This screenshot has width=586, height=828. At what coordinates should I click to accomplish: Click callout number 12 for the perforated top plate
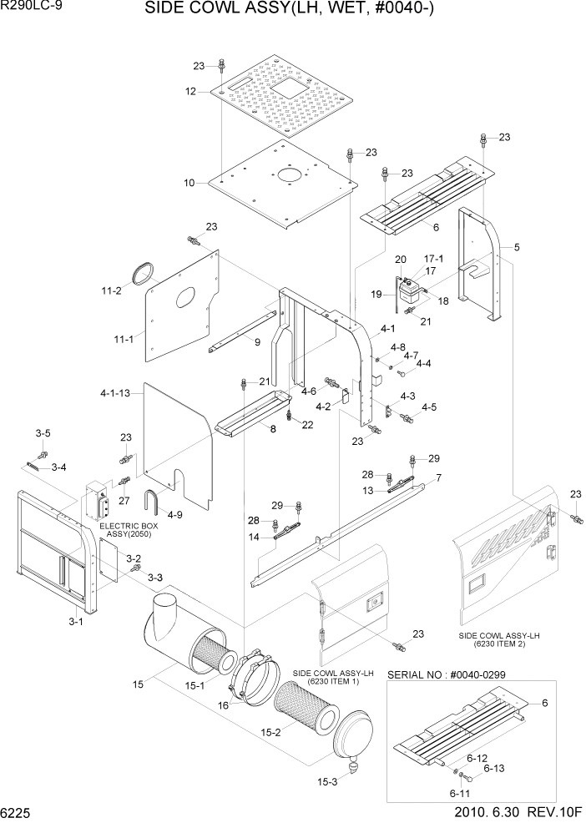click(x=190, y=92)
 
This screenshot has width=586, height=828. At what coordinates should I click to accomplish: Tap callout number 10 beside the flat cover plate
click(x=189, y=182)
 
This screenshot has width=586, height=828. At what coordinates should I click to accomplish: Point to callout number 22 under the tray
click(x=308, y=426)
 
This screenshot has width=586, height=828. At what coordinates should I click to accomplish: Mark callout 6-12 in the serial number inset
click(x=477, y=758)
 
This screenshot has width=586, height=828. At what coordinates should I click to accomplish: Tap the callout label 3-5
click(x=43, y=432)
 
